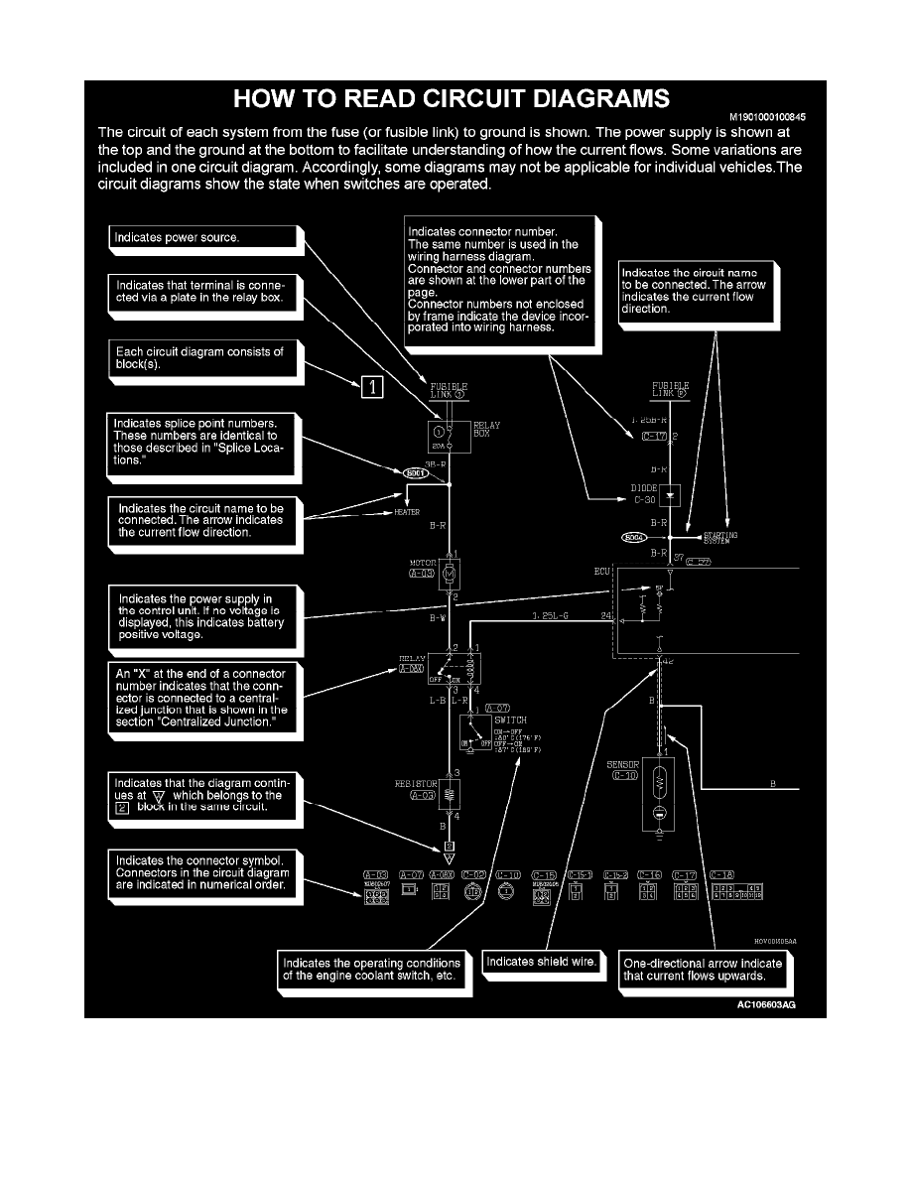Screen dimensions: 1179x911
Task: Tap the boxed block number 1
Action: tap(369, 387)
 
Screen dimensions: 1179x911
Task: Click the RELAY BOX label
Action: tap(488, 429)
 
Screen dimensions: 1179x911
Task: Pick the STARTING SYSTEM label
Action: tap(719, 538)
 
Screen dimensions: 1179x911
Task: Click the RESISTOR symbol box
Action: tap(450, 792)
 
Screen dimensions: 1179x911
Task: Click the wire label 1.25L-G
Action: tap(553, 616)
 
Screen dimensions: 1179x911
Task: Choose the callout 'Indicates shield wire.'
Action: tap(541, 962)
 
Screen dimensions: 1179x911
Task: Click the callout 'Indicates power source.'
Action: tap(202, 238)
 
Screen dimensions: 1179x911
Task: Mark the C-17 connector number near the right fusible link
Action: tap(653, 436)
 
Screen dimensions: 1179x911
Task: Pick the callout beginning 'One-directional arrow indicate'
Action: tap(702, 969)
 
